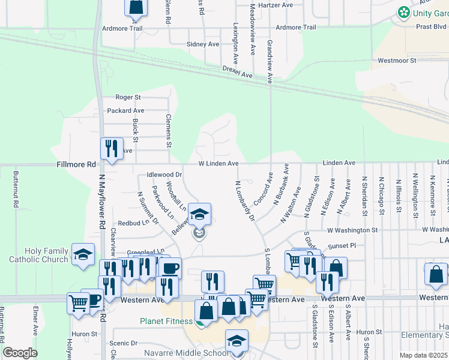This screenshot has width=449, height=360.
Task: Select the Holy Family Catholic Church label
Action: tap(38, 255)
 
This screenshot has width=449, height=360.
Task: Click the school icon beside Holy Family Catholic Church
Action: tap(83, 254)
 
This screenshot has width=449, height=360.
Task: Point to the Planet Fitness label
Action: tap(166, 321)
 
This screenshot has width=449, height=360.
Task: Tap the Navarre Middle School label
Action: tap(186, 353)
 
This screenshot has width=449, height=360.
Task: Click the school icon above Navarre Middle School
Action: tap(237, 340)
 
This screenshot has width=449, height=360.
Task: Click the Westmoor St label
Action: tap(397, 61)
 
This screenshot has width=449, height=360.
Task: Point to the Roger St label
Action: tap(128, 97)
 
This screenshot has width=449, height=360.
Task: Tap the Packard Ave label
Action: tap(125, 110)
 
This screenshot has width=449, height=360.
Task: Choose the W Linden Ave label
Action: tap(219, 163)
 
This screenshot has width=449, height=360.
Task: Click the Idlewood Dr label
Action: tap(164, 175)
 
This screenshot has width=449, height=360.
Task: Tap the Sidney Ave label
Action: tap(203, 44)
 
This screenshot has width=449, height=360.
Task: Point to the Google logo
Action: tap(20, 353)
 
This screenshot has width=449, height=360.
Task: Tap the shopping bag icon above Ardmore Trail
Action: tap(136, 6)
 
